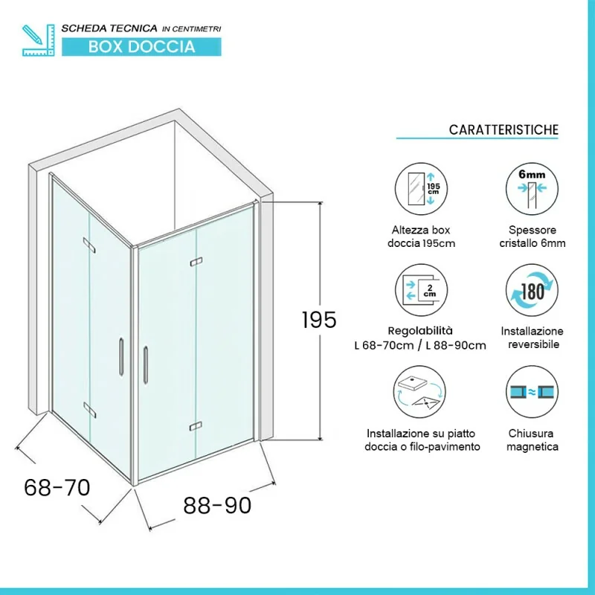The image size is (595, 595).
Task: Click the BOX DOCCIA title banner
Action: [141, 47]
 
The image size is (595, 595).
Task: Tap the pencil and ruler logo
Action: [39, 40]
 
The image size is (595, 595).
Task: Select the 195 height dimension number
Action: [319, 320]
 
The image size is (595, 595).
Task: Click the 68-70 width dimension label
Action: [57, 488]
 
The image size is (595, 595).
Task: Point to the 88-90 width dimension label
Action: [217, 506]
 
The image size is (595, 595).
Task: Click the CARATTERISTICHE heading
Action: [504, 129]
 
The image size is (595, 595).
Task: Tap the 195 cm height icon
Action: [421, 189]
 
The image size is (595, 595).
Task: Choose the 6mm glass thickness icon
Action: [532, 189]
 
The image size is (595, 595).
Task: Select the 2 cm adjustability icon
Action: [421, 290]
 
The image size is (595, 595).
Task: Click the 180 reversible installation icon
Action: [532, 290]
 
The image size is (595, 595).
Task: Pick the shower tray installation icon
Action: [419, 392]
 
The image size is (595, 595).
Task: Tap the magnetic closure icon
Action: [532, 392]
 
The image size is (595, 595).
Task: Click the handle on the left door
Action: [121, 357]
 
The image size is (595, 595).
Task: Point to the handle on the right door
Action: [146, 365]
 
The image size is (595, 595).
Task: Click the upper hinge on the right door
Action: [196, 262]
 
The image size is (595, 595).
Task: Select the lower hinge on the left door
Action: [89, 410]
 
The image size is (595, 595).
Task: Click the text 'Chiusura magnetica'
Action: [532, 440]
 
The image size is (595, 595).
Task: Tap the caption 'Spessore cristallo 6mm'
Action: [533, 237]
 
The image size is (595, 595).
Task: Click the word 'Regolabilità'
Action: [420, 331]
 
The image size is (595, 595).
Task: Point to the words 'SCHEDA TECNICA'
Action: [109, 28]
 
